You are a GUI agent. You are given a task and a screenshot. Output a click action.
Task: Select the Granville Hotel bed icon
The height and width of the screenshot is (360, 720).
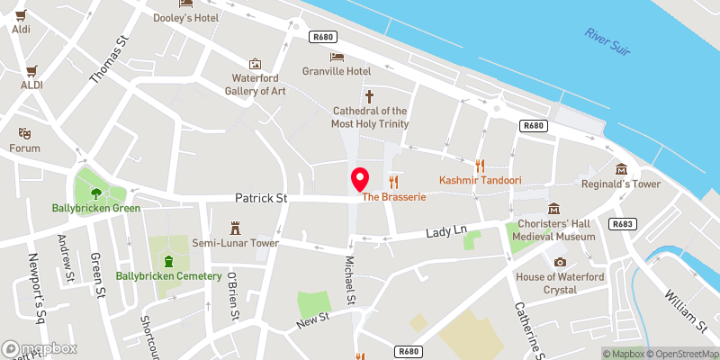pyautogui.click(x=337, y=57)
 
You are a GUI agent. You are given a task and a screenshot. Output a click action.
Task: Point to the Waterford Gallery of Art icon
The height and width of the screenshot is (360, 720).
pyautogui.click(x=256, y=64)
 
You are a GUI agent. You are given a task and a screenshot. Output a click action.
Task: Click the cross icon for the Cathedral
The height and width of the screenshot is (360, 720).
pyautogui.click(x=369, y=95)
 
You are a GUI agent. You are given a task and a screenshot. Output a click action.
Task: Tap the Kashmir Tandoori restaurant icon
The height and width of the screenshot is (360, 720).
pyautogui.click(x=480, y=165)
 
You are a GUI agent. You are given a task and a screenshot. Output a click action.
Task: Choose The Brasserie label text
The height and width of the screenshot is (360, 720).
pyautogui.click(x=392, y=196)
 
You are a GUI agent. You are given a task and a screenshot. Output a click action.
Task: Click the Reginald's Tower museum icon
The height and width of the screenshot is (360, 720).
pyautogui.click(x=621, y=168)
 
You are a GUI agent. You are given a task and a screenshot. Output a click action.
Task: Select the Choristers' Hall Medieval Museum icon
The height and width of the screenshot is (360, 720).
pyautogui.click(x=553, y=209)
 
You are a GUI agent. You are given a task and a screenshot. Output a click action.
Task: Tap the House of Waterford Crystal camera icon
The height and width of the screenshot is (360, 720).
pyautogui.click(x=560, y=262)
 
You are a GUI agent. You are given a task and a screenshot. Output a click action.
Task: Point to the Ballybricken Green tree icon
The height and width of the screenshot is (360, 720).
pyautogui.click(x=95, y=192)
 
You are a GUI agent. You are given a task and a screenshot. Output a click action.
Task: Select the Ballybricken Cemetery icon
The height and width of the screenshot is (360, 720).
pyautogui.click(x=168, y=261)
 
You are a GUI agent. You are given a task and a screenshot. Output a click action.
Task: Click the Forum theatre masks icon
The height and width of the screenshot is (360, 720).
pyautogui.click(x=25, y=131)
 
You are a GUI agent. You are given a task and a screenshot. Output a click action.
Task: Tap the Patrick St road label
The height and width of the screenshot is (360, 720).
pyautogui.click(x=260, y=197)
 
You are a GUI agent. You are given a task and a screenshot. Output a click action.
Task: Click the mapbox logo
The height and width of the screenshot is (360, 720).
pyautogui.click(x=40, y=348)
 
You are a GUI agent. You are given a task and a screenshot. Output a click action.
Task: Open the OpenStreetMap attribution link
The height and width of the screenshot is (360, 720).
pyautogui.click(x=681, y=354)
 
